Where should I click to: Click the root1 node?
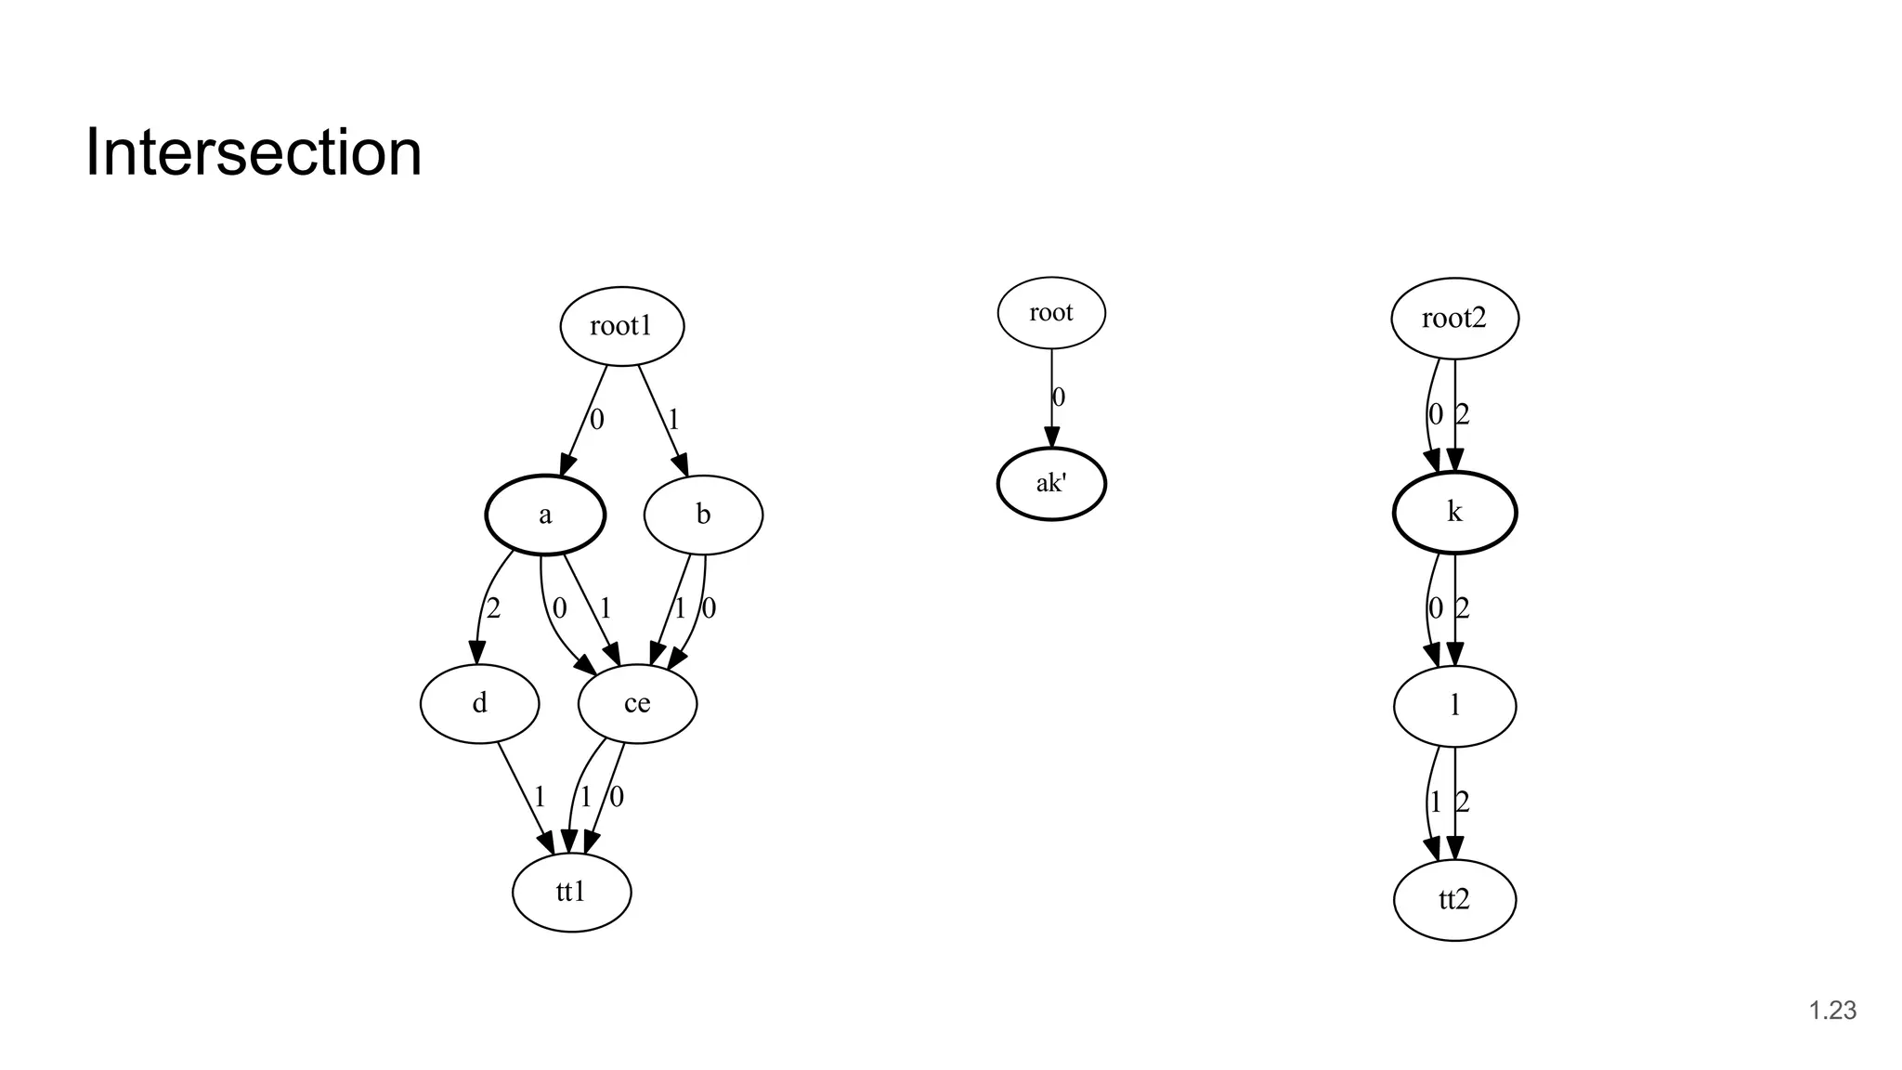621,326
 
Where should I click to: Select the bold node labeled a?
545,515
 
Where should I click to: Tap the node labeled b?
703,515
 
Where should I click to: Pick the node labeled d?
479,703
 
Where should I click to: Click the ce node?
637,703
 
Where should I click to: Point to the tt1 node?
571,892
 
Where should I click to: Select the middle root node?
1051,313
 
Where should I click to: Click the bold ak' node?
1051,484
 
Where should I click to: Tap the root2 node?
1454,319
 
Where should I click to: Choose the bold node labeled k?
1454,512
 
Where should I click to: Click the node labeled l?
1454,706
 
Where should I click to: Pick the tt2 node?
1454,899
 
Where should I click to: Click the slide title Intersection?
254,152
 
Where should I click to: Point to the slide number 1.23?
1832,1011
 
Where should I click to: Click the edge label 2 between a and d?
493,608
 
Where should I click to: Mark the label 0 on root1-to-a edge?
597,420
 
